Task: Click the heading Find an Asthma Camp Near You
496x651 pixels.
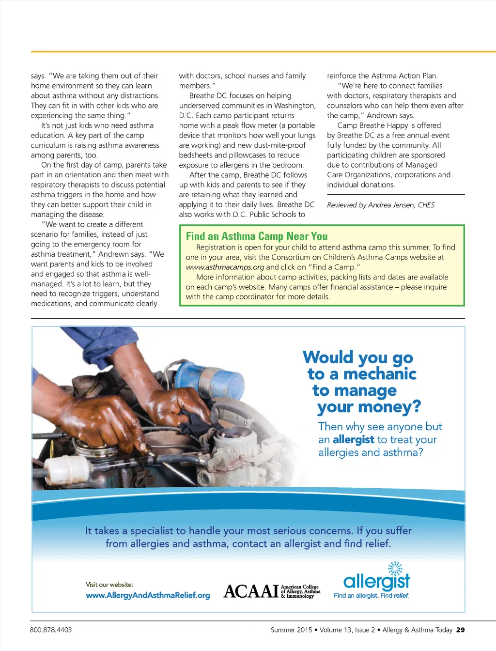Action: (x=257, y=236)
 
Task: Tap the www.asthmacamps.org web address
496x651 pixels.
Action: (x=225, y=267)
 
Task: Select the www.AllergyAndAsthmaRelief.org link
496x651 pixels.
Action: (x=148, y=595)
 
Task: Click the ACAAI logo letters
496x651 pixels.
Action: (x=251, y=591)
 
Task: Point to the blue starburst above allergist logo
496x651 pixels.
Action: (x=395, y=569)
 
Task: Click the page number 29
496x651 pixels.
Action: (x=461, y=630)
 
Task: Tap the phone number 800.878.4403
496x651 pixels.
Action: (x=51, y=630)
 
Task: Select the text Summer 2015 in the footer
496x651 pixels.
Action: (x=292, y=630)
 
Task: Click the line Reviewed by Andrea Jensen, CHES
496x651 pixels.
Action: (x=381, y=205)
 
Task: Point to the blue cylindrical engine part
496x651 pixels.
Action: (x=209, y=377)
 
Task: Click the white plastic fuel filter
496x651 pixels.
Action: (x=67, y=468)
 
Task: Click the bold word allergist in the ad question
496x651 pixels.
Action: (x=354, y=439)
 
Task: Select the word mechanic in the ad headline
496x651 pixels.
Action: (x=380, y=374)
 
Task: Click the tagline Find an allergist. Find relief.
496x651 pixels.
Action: (x=372, y=595)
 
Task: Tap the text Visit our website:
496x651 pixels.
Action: (x=109, y=584)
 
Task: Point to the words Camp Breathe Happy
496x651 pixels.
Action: (x=374, y=125)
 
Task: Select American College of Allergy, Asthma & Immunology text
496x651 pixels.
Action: (x=300, y=591)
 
